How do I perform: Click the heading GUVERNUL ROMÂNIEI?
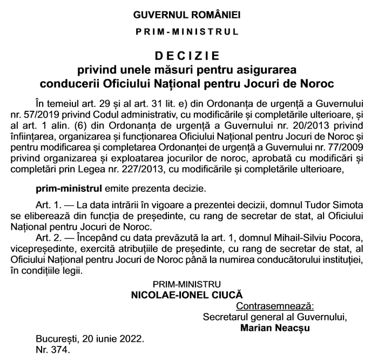pos(187,13)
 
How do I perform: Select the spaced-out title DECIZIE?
pos(187,56)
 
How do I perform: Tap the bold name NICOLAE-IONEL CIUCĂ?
pos(187,296)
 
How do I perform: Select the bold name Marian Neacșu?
pos(273,327)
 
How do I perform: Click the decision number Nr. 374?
pos(53,350)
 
